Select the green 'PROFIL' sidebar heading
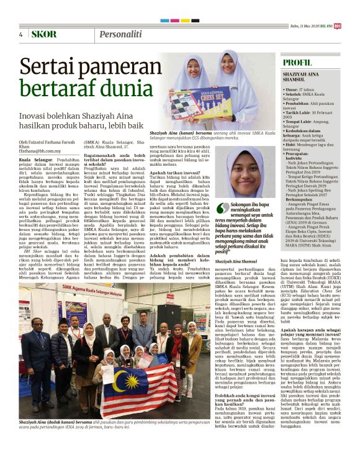[x=297, y=63]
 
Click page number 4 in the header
[x=20, y=34]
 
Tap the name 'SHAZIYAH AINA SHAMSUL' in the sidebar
[x=303, y=76]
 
